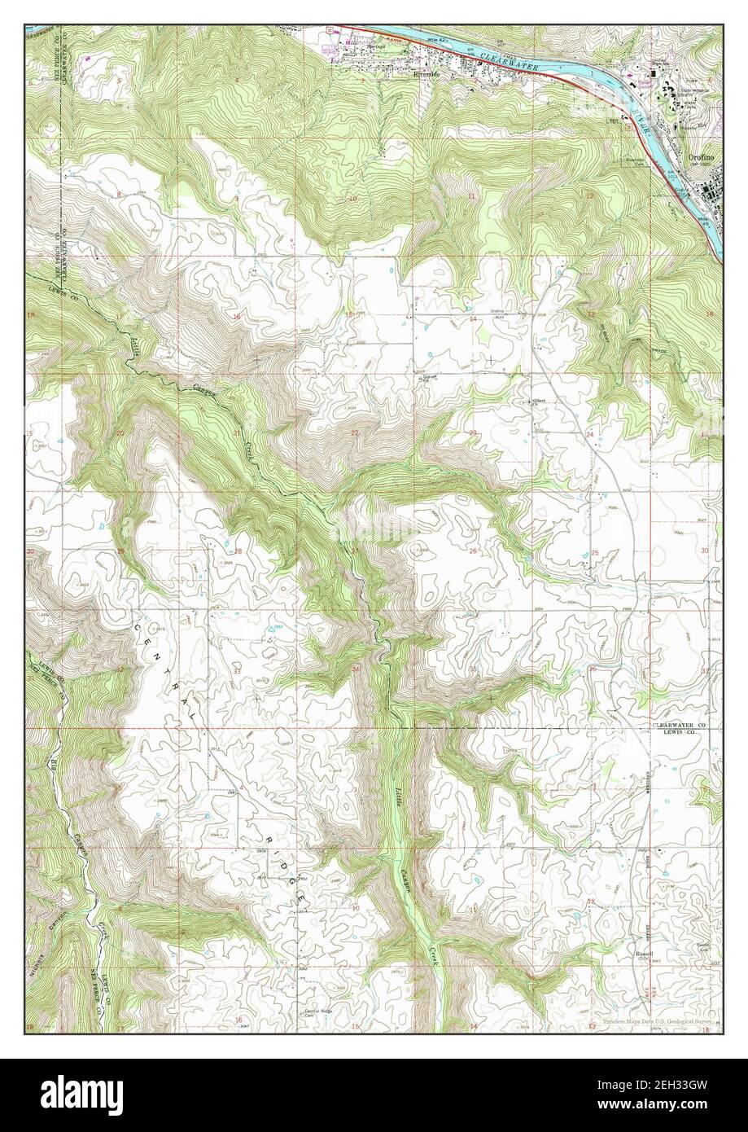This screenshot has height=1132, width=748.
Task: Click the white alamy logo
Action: point(74,1092)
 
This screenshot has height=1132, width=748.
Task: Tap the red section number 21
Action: point(237,432)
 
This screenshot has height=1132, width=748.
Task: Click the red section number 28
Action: point(238,551)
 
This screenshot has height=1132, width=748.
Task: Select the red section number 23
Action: point(472,432)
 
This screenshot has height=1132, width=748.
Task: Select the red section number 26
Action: point(472,551)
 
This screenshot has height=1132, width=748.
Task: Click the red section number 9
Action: point(237,198)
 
